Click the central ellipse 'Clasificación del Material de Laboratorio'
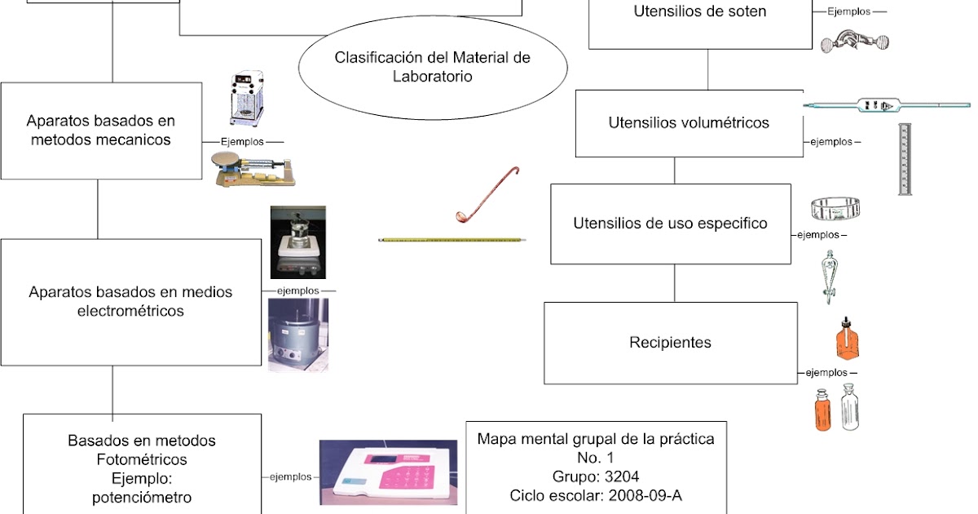[432, 68]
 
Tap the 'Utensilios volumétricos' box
[689, 123]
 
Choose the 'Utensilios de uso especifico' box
[670, 224]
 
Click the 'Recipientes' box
[670, 343]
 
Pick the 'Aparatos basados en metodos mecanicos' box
[101, 131]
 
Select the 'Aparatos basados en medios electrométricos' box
[130, 301]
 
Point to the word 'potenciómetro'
[143, 497]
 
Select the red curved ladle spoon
[487, 196]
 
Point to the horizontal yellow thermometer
[452, 240]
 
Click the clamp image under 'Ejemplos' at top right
[854, 38]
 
